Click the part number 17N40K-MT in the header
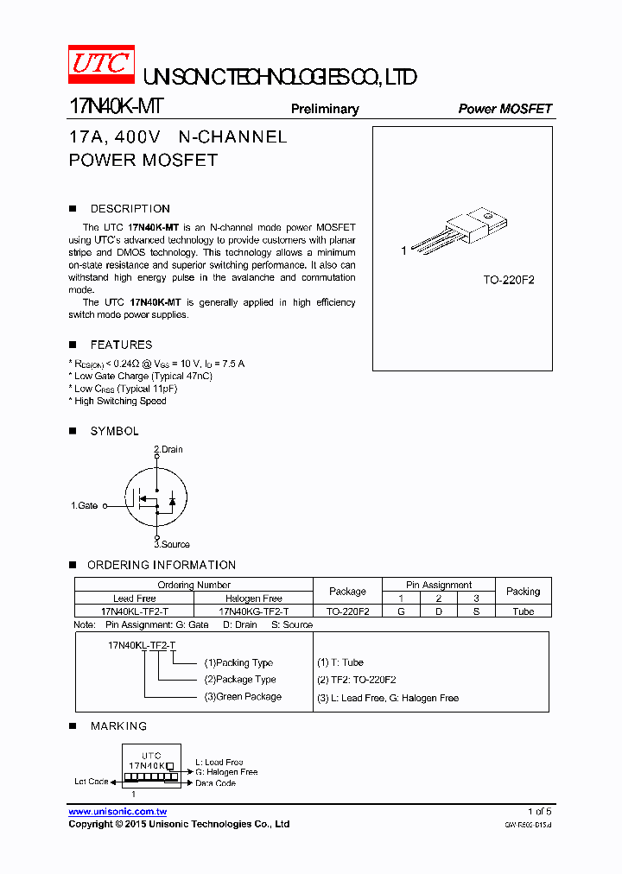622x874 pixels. (x=115, y=107)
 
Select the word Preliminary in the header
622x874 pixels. (x=325, y=109)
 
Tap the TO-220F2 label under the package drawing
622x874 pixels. (x=508, y=281)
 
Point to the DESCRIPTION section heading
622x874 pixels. (x=130, y=209)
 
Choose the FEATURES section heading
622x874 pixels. (x=121, y=345)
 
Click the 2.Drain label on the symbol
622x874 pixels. (x=168, y=449)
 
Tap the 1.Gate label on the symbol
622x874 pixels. (x=85, y=505)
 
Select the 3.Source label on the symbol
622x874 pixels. (x=172, y=544)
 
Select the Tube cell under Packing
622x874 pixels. (x=523, y=611)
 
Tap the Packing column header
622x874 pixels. (x=523, y=592)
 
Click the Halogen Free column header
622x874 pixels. (x=253, y=598)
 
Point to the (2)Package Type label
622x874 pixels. (x=240, y=680)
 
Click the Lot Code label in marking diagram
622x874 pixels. (x=92, y=782)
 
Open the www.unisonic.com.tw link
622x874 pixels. (x=117, y=812)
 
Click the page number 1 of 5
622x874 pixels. (x=539, y=812)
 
